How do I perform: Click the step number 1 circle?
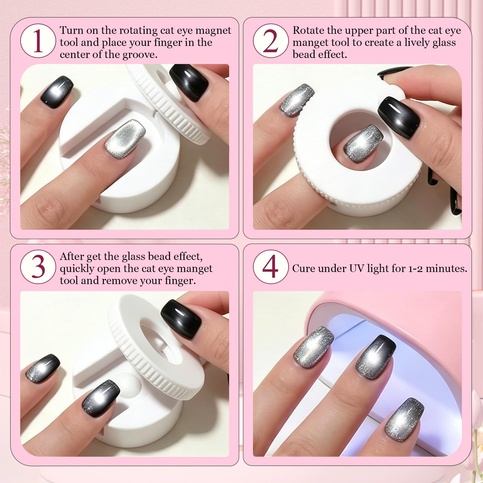point(38,42)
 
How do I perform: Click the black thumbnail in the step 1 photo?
point(189,83)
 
